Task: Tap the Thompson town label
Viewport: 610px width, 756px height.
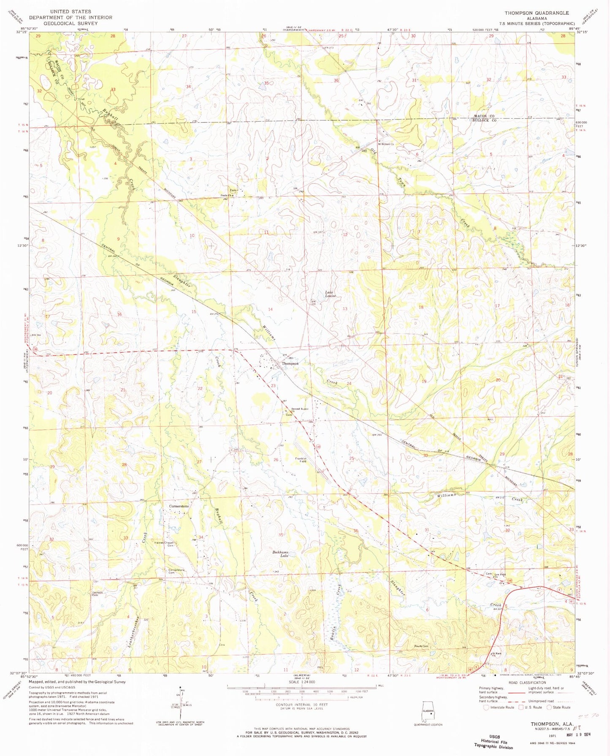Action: click(290, 363)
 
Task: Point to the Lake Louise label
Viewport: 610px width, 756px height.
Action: click(330, 294)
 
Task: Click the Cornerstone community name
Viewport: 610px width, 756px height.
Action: click(179, 506)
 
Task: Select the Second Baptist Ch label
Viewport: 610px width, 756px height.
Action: click(299, 409)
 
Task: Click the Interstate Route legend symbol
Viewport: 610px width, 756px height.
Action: click(486, 707)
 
